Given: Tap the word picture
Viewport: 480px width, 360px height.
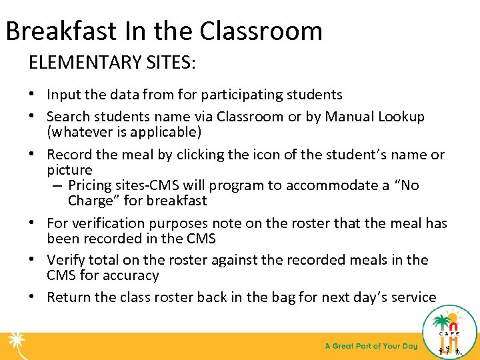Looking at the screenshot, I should [69, 170].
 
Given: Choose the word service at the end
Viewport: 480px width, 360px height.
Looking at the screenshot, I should [413, 297].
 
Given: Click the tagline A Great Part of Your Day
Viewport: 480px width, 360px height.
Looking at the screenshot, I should [371, 346].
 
